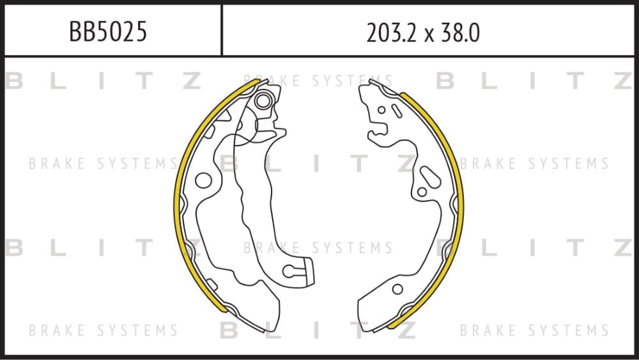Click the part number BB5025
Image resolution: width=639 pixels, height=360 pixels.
108,32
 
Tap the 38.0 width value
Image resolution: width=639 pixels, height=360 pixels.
459,33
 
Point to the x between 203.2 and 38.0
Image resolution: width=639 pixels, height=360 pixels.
429,35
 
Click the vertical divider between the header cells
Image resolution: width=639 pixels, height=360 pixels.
222,30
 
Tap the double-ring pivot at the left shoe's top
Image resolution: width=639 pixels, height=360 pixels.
263,100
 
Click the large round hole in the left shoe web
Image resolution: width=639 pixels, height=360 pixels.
203,180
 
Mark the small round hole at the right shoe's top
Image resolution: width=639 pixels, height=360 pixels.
381,110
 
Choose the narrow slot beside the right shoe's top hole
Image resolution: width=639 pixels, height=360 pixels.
397,111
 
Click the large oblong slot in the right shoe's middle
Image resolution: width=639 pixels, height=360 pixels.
430,177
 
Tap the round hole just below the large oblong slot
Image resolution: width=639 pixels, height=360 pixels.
422,192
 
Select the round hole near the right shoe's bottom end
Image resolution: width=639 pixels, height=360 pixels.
397,289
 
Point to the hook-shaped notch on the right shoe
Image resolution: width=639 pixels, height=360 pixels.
377,132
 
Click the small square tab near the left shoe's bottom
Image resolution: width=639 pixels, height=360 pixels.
212,284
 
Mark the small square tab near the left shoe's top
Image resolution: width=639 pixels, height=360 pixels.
210,132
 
